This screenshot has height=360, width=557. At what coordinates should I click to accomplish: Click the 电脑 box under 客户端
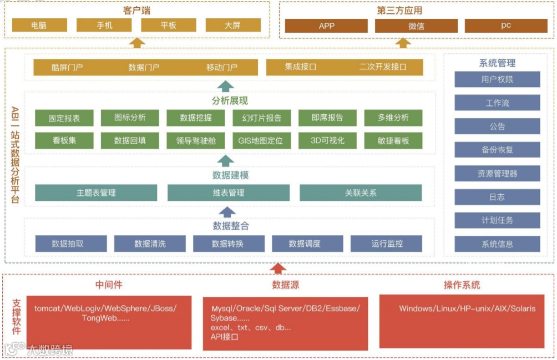click(x=39, y=26)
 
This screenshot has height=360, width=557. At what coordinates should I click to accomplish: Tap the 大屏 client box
click(x=232, y=26)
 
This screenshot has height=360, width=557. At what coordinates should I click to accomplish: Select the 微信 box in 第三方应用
click(x=416, y=26)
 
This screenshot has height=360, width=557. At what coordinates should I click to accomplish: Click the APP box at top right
click(x=326, y=26)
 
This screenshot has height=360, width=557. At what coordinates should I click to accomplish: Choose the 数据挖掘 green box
click(x=196, y=118)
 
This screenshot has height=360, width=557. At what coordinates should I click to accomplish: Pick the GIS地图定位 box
click(x=261, y=140)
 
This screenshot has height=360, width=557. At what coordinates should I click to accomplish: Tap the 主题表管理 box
click(x=96, y=193)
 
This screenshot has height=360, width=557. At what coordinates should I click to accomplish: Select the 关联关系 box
click(x=361, y=193)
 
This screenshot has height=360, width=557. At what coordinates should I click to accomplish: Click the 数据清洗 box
click(x=150, y=244)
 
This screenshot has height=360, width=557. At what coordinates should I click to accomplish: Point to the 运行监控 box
click(x=386, y=244)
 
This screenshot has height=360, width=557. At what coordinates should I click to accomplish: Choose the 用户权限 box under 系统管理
click(x=497, y=79)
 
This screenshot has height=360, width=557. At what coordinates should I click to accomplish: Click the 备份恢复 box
click(x=497, y=150)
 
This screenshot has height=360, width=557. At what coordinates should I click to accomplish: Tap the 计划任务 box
click(x=497, y=220)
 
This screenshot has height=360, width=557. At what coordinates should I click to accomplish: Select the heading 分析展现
click(x=229, y=100)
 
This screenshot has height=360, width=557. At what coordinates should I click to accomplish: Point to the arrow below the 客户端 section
click(x=136, y=43)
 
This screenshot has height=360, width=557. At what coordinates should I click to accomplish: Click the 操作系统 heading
click(x=462, y=285)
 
